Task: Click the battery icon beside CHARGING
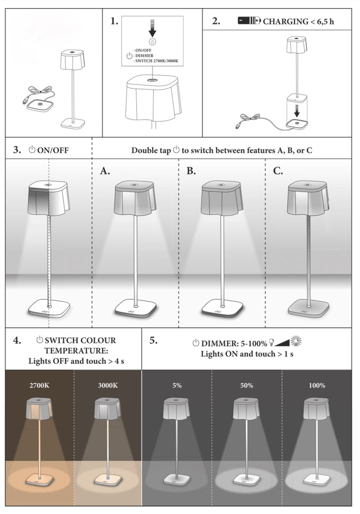coord(249,21)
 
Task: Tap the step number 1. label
coord(114,22)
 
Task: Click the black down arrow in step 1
coord(152,28)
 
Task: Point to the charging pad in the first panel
coord(40,105)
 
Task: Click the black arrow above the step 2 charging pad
coord(297,111)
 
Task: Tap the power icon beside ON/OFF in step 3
coord(32,150)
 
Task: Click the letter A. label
coord(105,171)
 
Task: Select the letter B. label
coord(191,171)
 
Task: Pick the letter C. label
coord(278,171)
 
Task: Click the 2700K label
coord(39,385)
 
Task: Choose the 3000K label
coord(108,385)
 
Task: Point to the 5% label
coord(177,385)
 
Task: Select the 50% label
coord(246,385)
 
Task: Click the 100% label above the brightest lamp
coord(317,385)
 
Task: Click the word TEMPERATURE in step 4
coord(76,351)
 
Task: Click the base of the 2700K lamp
coord(39,480)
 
